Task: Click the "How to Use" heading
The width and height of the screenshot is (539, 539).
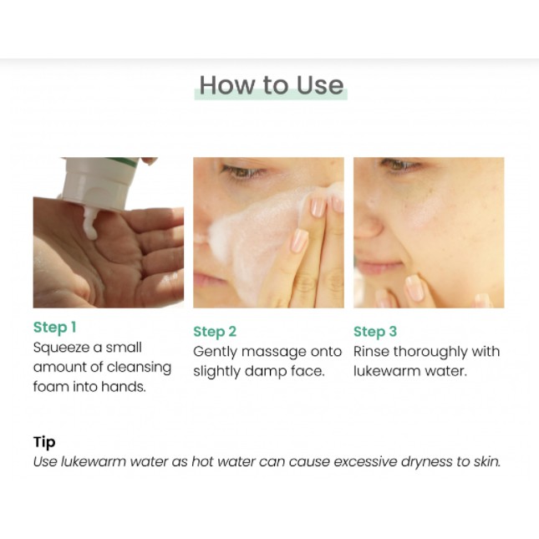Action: pos(272,85)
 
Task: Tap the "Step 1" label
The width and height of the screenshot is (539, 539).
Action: pos(54,328)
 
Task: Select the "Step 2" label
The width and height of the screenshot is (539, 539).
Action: pos(215,332)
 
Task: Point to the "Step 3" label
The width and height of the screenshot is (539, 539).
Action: pos(375,332)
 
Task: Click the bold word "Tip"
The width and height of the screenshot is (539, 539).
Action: pos(44,442)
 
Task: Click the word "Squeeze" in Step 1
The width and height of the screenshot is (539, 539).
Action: pos(61,348)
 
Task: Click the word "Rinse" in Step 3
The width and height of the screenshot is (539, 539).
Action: pos(371,352)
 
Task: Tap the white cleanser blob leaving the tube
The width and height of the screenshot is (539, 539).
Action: pos(90,223)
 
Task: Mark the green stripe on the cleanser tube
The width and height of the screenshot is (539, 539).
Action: pos(123,161)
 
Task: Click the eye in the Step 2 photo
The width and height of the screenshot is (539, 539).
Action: pos(242,170)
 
